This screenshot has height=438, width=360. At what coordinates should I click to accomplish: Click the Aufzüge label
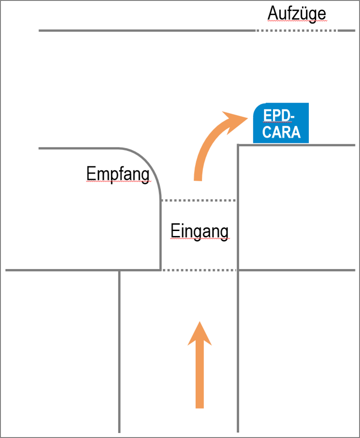[x=297, y=14]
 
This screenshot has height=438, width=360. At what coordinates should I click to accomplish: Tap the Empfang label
[x=118, y=174]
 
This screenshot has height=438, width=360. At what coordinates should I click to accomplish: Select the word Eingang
[x=199, y=231]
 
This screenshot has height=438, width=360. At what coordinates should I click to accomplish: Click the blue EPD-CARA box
[x=281, y=123]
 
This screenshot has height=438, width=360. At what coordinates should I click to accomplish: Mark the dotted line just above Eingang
[x=199, y=200]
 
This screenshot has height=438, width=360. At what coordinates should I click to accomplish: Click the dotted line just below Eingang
[x=199, y=271]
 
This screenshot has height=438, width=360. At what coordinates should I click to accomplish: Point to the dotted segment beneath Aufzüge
[x=297, y=30]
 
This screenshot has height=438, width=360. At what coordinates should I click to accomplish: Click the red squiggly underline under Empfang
[x=118, y=182]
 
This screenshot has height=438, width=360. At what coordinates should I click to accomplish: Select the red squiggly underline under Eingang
[x=199, y=239]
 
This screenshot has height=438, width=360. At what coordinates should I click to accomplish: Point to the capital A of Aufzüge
[x=272, y=14]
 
